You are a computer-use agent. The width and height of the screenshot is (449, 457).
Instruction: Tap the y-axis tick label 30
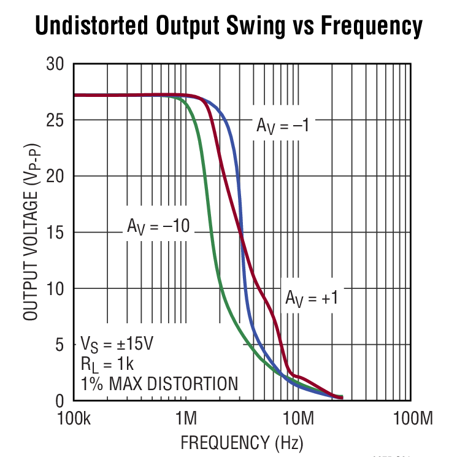[x=56, y=64]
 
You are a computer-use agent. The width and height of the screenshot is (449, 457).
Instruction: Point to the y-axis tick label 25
[x=56, y=120]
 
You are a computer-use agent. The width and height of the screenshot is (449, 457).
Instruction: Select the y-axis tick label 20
[x=56, y=176]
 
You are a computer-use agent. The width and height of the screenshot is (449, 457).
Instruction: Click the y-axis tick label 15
[x=56, y=232]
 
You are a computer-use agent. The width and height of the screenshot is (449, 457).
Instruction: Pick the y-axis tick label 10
[x=56, y=288]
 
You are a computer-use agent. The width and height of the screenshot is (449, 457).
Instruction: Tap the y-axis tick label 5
[x=61, y=345]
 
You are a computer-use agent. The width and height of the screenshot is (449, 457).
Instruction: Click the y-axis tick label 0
[x=61, y=401]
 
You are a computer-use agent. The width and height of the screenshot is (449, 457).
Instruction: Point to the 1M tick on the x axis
[x=186, y=420]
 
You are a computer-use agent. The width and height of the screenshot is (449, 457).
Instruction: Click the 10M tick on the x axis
[x=299, y=420]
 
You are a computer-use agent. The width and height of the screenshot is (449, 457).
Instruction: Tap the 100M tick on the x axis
[x=411, y=420]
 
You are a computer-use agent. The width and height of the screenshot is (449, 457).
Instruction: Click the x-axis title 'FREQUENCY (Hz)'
[x=242, y=442]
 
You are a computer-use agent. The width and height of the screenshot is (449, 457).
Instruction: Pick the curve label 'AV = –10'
[x=158, y=226]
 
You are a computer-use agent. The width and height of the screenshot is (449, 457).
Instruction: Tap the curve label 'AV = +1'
[x=312, y=298]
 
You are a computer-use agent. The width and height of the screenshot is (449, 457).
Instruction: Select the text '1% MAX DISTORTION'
[x=159, y=384]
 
